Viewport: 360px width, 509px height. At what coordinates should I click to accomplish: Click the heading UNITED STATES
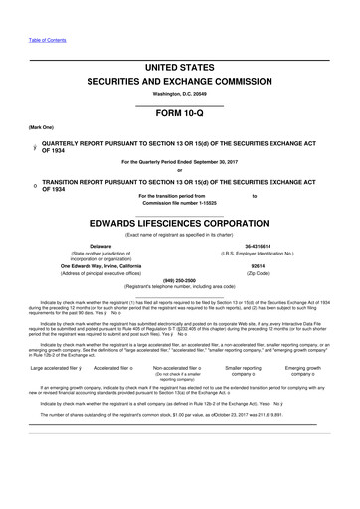click(180, 68)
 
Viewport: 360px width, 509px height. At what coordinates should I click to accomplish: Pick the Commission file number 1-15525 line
click(180, 204)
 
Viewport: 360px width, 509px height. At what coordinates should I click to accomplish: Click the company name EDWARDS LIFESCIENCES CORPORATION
click(180, 222)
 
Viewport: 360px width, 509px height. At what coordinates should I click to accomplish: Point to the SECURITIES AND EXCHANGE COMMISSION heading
click(180, 80)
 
